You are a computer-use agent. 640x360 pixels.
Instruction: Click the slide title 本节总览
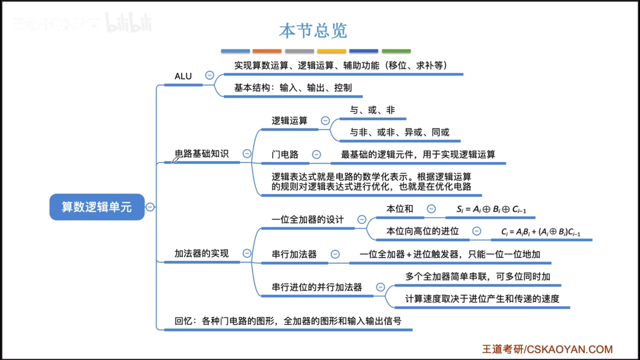[313, 31]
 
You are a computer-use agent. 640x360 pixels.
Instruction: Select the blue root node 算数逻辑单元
[97, 207]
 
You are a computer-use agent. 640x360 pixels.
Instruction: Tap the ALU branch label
[183, 76]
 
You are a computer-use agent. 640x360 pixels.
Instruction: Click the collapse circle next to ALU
[209, 75]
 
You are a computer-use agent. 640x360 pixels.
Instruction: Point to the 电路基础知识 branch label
[202, 154]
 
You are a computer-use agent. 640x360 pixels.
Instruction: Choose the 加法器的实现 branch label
[202, 254]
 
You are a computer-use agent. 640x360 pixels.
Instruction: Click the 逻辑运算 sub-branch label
[289, 121]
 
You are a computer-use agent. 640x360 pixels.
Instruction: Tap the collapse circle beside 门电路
[316, 155]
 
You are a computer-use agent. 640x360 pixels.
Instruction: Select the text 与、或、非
[372, 110]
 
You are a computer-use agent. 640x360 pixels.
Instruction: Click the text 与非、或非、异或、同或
[399, 132]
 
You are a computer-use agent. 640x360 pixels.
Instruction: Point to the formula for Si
[491, 209]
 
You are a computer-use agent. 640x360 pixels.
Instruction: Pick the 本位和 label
[400, 209]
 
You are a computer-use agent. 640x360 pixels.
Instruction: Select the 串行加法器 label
[294, 254]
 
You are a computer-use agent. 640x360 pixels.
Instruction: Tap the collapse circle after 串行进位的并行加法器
[380, 287]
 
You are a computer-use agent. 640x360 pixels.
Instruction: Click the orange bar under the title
[267, 51]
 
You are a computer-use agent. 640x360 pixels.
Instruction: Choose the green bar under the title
[396, 51]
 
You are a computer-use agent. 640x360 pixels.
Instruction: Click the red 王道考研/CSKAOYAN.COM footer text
[547, 349]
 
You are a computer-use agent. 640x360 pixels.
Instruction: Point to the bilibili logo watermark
[128, 23]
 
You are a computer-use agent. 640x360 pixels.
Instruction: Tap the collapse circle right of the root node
[150, 207]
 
